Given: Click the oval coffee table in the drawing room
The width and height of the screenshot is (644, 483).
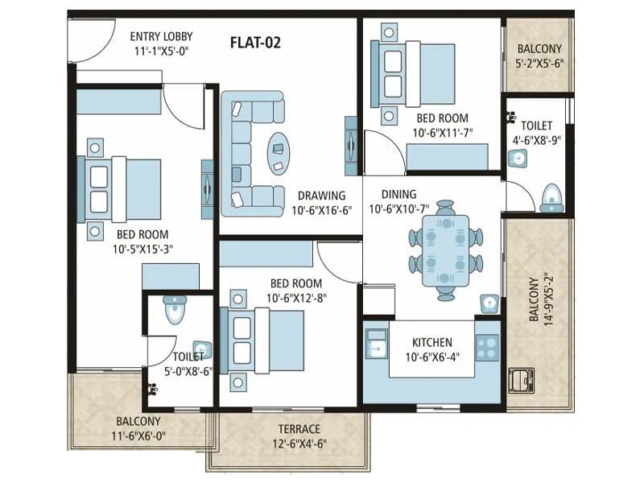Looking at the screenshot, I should point(279,146).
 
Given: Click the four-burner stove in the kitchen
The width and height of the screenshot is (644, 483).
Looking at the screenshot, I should point(487,348).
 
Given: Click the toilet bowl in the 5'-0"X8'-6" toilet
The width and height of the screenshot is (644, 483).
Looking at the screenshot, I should point(174,309).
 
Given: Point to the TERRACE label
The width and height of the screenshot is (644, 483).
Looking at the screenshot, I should point(299,429).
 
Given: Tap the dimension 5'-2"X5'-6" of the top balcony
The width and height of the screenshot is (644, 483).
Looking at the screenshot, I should point(540,63).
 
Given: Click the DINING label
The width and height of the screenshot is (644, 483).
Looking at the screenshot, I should point(398,194).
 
